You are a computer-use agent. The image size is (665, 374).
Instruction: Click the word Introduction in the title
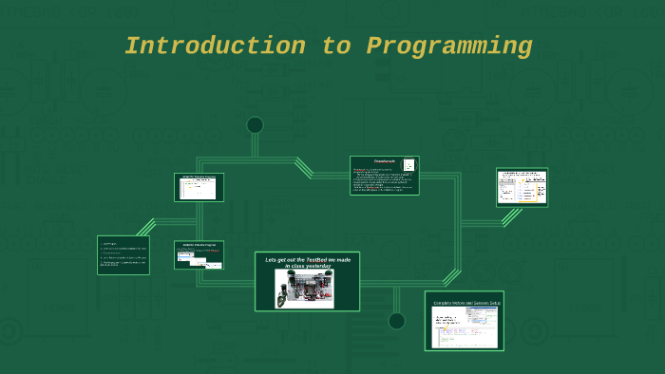tap(215, 46)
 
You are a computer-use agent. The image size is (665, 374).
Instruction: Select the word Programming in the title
tap(449, 46)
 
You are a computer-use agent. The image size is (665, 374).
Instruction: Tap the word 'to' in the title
tap(335, 46)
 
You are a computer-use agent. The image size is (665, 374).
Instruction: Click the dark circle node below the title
tap(255, 125)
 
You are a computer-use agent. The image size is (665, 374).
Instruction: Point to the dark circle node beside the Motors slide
tap(397, 321)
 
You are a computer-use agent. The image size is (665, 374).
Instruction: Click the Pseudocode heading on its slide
tap(384, 161)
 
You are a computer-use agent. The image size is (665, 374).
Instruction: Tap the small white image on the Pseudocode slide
tap(408, 165)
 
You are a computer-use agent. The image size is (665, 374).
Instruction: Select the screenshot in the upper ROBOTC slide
tap(199, 189)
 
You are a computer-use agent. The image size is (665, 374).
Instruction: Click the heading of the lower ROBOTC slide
tap(199, 244)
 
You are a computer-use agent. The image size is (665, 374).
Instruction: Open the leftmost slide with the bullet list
tap(123, 255)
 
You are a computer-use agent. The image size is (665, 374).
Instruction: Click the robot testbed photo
tap(304, 289)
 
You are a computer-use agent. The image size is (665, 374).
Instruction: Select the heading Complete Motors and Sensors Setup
tap(465, 303)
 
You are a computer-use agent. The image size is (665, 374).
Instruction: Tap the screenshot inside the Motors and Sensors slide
tap(464, 326)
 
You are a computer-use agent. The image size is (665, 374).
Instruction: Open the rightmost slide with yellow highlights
tap(522, 187)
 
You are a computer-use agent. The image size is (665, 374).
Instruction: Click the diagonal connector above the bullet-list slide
tap(145, 227)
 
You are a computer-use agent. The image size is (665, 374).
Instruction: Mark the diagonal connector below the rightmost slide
tap(511, 216)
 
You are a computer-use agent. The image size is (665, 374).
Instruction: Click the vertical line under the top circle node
tap(255, 145)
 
